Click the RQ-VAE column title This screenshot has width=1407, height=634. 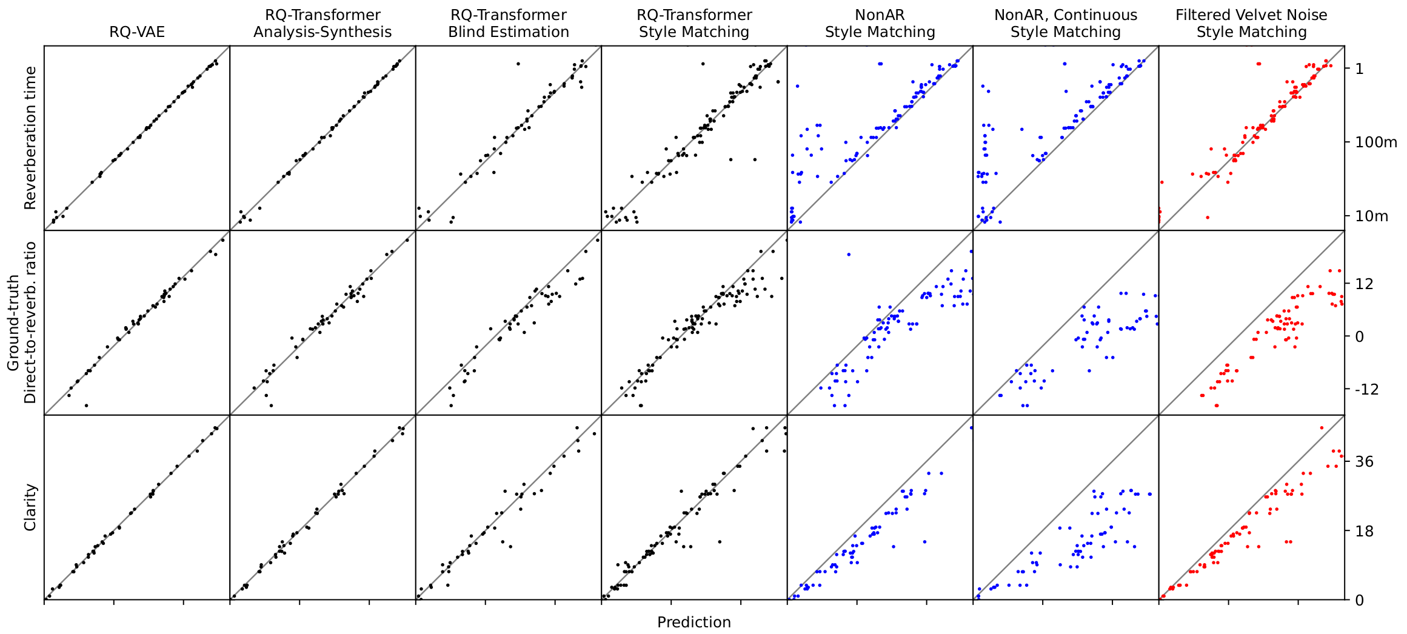(x=137, y=32)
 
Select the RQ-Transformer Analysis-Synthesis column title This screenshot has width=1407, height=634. (x=323, y=24)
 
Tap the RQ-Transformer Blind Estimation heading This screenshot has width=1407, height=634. (x=509, y=24)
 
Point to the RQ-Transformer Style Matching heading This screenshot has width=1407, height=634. (x=694, y=24)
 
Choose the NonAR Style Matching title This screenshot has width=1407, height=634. (x=880, y=24)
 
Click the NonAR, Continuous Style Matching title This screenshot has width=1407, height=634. (x=1066, y=24)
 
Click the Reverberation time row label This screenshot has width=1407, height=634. (x=30, y=138)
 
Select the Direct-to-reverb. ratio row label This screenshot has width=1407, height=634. (x=30, y=322)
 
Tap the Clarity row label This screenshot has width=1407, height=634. (x=30, y=507)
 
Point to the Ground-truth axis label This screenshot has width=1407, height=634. (x=13, y=322)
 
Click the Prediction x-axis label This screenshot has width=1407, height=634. (x=694, y=622)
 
